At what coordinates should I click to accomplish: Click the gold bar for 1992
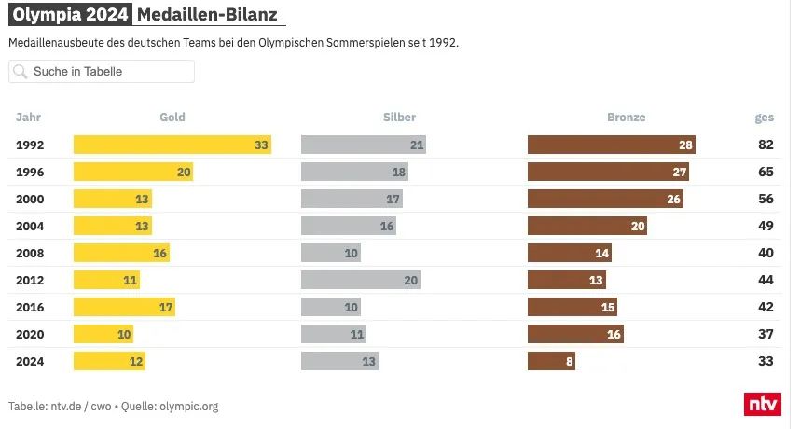[172, 145]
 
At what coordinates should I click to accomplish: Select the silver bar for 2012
[360, 280]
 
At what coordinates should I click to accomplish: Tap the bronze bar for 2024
[551, 361]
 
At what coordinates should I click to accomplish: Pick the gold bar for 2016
[124, 307]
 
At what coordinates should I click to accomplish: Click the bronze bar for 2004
[586, 226]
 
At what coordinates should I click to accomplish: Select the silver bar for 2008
[330, 253]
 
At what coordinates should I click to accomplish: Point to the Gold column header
[172, 118]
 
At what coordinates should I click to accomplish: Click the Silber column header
[399, 118]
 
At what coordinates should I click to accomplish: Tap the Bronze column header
[626, 118]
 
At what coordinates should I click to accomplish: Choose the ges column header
[764, 118]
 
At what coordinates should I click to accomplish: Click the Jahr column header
[29, 118]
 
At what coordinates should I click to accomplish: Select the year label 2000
[31, 199]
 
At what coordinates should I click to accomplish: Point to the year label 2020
[31, 334]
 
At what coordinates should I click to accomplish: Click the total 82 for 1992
[766, 145]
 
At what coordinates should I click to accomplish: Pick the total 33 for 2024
[766, 361]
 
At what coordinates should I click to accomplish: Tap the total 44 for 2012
[766, 280]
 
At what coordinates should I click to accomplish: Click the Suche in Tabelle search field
[102, 72]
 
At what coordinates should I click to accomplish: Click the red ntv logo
[762, 404]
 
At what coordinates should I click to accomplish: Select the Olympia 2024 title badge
[69, 16]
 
